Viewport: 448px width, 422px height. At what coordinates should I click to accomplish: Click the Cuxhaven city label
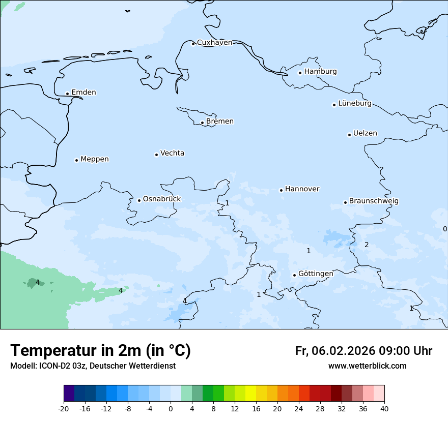click(x=214, y=43)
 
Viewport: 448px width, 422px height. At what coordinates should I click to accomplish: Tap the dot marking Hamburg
click(x=300, y=73)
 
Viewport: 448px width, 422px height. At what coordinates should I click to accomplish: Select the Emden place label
click(x=83, y=93)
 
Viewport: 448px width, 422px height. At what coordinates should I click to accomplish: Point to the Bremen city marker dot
click(x=202, y=123)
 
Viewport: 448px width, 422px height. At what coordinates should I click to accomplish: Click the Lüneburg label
click(x=355, y=104)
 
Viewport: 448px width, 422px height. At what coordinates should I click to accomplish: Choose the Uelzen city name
click(x=365, y=134)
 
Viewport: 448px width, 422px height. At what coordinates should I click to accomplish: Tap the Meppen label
click(x=95, y=159)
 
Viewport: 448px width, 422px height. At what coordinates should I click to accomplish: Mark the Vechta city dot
click(x=156, y=155)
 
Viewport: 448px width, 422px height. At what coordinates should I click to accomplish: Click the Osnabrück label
click(x=162, y=199)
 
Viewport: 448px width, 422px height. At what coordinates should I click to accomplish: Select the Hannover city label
click(x=302, y=189)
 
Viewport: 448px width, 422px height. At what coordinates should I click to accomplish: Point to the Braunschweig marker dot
click(x=345, y=202)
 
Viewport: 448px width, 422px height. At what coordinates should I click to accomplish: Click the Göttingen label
click(x=316, y=274)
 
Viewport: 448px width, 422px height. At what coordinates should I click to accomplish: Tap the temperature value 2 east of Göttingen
click(x=367, y=245)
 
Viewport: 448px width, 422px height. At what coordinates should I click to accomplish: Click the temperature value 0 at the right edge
click(x=444, y=229)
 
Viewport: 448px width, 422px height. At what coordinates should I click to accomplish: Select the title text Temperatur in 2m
click(x=100, y=351)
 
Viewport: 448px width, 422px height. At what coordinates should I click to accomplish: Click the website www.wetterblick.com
click(x=367, y=366)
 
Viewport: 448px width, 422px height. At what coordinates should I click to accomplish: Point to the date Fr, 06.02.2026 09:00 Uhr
click(x=363, y=351)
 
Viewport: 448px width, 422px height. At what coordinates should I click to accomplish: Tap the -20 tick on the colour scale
click(x=64, y=409)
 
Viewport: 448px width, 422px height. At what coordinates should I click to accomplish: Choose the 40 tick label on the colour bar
click(x=384, y=409)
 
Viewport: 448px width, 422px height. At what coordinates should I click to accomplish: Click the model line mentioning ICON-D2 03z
click(x=93, y=366)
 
